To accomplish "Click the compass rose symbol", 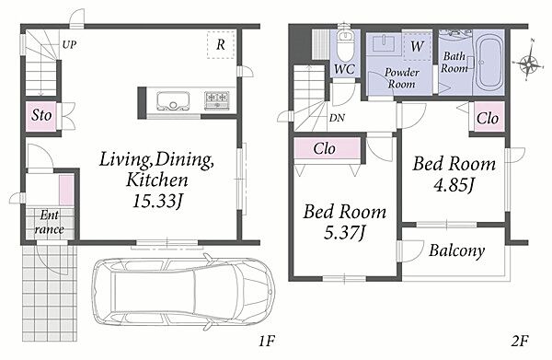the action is pos(527,63).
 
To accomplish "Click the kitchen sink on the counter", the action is pos(173,100).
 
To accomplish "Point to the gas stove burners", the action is pos(217,99).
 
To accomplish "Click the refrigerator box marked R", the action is pos(221,45).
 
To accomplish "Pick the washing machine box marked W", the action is pos(417,46).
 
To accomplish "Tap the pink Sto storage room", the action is pos(41,116).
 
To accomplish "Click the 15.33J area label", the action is pos(158,201).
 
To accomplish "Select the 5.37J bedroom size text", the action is pos(345,233).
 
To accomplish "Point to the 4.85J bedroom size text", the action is pos(454,184).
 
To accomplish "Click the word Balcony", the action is pos(457,250).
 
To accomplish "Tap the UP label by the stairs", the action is pos(69,45).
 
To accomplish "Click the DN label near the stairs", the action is pos(337,118).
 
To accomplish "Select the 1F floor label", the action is pos(267,341).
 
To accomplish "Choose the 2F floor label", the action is pos(520,341).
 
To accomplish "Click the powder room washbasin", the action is pos(384,43).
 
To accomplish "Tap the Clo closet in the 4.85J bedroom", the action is pos(488,117).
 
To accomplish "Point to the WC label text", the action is pos(345,69).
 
